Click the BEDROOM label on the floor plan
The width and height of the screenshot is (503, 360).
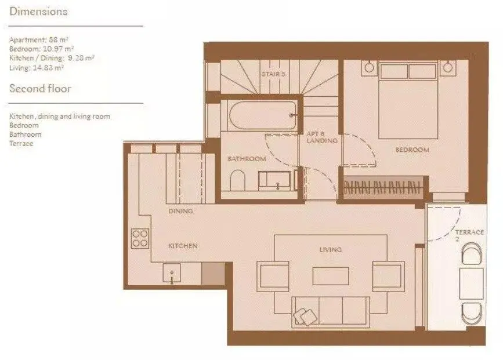pyautogui.click(x=412, y=150)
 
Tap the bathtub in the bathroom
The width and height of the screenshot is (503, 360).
pyautogui.click(x=263, y=115)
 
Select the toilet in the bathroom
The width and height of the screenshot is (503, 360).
pyautogui.click(x=238, y=180)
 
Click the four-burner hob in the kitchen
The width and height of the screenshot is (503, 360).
pyautogui.click(x=140, y=238)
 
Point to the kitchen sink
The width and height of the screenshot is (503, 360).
pyautogui.click(x=172, y=273)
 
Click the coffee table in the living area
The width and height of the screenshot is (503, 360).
pyautogui.click(x=331, y=276)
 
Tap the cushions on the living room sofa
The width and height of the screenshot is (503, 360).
pyautogui.click(x=305, y=317)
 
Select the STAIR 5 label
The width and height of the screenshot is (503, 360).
pyautogui.click(x=273, y=74)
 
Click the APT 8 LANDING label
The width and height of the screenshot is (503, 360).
pyautogui.click(x=322, y=137)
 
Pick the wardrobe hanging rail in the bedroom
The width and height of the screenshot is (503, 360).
pyautogui.click(x=382, y=187)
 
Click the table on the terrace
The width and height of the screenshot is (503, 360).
pyautogui.click(x=471, y=283)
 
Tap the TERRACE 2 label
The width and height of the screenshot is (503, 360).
pyautogui.click(x=469, y=235)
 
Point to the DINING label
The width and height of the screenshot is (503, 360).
pyautogui.click(x=180, y=211)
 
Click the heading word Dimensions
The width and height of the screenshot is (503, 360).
pyautogui.click(x=38, y=12)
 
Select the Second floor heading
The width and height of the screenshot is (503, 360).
pyautogui.click(x=40, y=89)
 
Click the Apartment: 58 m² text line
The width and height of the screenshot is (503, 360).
pyautogui.click(x=38, y=40)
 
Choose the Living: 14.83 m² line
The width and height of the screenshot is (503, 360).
pyautogui.click(x=36, y=67)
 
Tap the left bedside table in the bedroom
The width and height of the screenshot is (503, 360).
pyautogui.click(x=369, y=68)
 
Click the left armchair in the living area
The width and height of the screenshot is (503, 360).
pyautogui.click(x=273, y=277)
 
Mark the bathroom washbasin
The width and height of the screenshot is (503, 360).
pyautogui.click(x=274, y=181)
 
